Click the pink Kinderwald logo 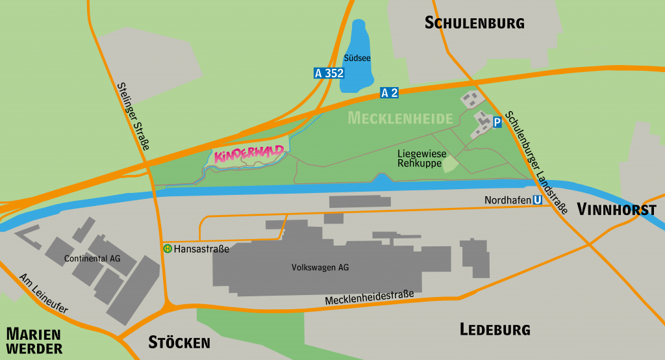(x=249, y=154)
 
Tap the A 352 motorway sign (x=329, y=73)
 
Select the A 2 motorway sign (x=390, y=93)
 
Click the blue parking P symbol (x=497, y=122)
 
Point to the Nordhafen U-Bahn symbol (x=537, y=200)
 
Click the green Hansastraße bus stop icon (x=168, y=248)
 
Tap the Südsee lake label (x=357, y=58)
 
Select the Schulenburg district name (x=474, y=23)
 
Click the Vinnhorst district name (x=616, y=210)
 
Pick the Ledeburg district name (x=495, y=329)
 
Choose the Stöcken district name (x=179, y=342)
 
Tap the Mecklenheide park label (x=400, y=118)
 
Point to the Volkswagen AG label (x=320, y=267)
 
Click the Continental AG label (x=92, y=259)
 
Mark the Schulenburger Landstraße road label (x=536, y=162)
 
